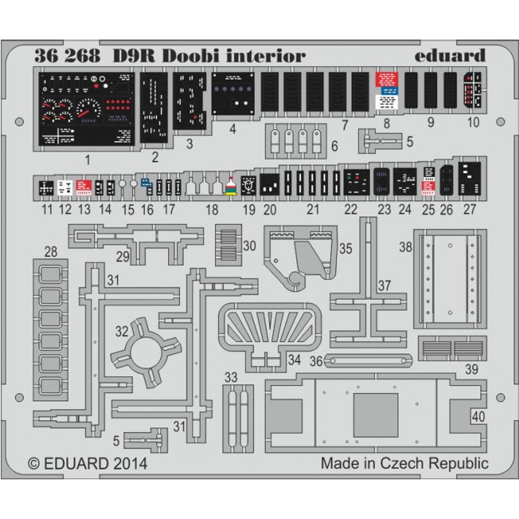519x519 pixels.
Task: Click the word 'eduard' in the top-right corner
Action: click(450, 56)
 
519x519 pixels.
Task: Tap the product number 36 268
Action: click(70, 56)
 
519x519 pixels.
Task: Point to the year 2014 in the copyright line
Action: click(128, 464)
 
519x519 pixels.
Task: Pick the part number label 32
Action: click(121, 331)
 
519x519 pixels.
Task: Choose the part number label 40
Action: click(478, 416)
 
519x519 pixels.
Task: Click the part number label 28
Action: click(50, 251)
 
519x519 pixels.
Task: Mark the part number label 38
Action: click(405, 247)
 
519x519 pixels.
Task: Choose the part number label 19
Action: click(249, 209)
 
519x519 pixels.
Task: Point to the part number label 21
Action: click(313, 209)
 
